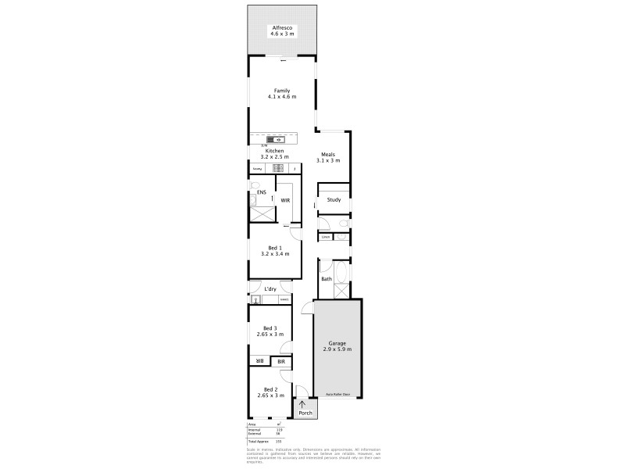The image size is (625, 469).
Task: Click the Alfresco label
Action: pos(282,27)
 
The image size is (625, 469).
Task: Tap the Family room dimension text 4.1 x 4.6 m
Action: pos(282,96)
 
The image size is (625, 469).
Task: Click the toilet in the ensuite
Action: pos(253,200)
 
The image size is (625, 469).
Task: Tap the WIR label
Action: pos(286,201)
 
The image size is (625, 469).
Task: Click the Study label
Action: pos(334,199)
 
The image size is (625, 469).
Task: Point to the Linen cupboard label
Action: pos(325,237)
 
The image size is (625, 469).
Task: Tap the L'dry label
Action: pos(270,289)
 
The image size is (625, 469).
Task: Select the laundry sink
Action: pos(255,299)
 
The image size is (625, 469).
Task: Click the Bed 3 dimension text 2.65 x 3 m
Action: pos(270,335)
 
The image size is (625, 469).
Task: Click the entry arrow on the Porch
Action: pos(302,404)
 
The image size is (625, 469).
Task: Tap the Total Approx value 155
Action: pos(278,442)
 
